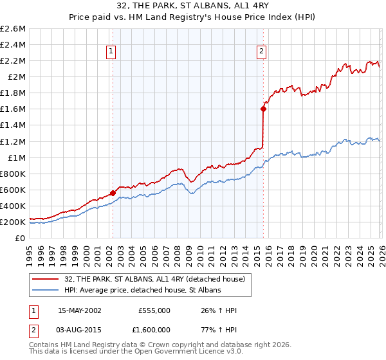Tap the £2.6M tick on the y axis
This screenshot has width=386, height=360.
click(x=14, y=29)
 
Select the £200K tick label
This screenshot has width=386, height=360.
click(x=13, y=222)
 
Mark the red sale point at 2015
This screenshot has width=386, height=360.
click(x=263, y=109)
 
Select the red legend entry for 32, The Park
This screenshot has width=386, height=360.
click(x=154, y=279)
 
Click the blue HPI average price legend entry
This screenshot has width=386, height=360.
click(x=142, y=290)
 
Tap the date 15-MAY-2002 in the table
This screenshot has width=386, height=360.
click(x=80, y=310)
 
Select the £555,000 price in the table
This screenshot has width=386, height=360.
click(x=154, y=310)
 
